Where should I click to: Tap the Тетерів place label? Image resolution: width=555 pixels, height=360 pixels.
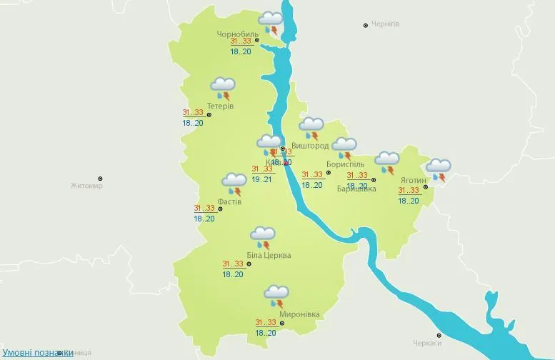coord(220,106)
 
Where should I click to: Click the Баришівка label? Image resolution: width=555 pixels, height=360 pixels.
coord(356,189)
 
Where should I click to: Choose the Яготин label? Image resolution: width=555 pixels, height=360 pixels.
coord(414,180)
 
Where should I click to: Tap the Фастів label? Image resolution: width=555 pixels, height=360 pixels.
coord(229,201)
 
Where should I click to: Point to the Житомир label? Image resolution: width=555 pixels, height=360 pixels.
coord(86,186)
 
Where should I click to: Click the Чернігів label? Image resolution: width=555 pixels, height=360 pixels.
coord(386,24)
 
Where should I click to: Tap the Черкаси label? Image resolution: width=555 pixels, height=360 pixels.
coord(426,343)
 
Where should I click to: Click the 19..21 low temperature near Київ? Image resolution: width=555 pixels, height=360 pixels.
coord(261,179)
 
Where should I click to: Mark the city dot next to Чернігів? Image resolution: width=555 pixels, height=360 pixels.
coord(366,25)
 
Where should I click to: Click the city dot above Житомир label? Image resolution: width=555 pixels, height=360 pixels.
coord(101,179)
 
